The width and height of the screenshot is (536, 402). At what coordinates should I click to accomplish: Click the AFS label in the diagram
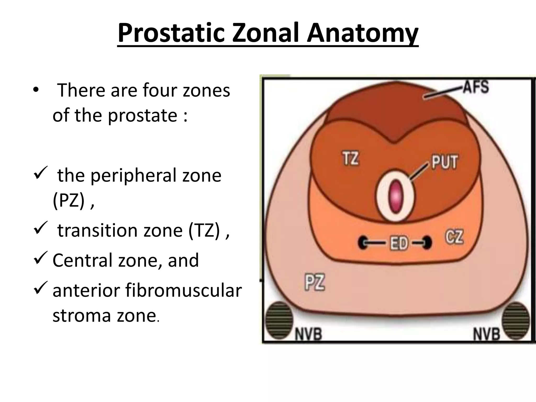pos(476,87)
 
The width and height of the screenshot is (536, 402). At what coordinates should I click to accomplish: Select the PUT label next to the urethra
pos(445,161)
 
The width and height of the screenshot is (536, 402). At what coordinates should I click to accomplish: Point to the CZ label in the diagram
pos(454,237)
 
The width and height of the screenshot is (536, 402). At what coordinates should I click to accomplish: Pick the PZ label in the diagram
pos(315,282)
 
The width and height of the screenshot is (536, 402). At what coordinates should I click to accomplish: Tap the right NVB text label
pos(487,334)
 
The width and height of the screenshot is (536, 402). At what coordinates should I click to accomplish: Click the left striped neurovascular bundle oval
pos(279,320)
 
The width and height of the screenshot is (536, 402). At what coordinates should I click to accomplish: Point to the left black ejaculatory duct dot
pos(363,243)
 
